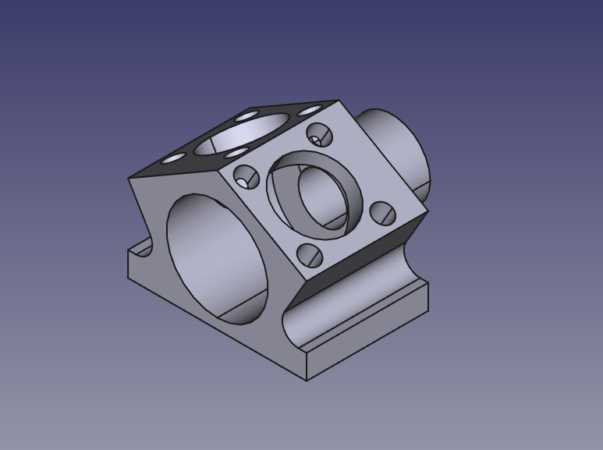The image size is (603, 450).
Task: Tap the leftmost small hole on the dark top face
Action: [x=173, y=158]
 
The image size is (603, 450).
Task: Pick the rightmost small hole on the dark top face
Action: [x=310, y=111]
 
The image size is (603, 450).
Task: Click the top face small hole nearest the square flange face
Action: [x=236, y=153]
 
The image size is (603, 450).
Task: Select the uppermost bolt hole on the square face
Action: [x=319, y=135]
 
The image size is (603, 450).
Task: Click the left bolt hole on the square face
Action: [x=247, y=177]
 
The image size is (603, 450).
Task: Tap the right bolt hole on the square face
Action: [x=381, y=212]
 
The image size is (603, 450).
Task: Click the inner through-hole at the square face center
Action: [x=324, y=196]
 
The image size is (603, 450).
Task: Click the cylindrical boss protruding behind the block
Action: [x=398, y=148]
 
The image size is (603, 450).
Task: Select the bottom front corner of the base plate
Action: [x=307, y=380]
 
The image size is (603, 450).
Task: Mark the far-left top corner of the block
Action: [x=129, y=179]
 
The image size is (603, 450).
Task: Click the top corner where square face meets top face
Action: [x=338, y=101]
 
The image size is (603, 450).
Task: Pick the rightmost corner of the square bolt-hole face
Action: [x=428, y=210]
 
